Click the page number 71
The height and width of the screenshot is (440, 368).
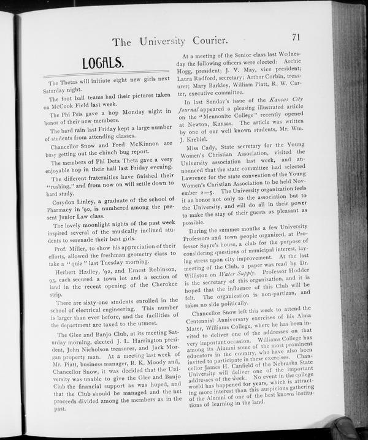click(x=297, y=39)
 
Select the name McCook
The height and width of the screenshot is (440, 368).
click(x=72, y=105)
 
